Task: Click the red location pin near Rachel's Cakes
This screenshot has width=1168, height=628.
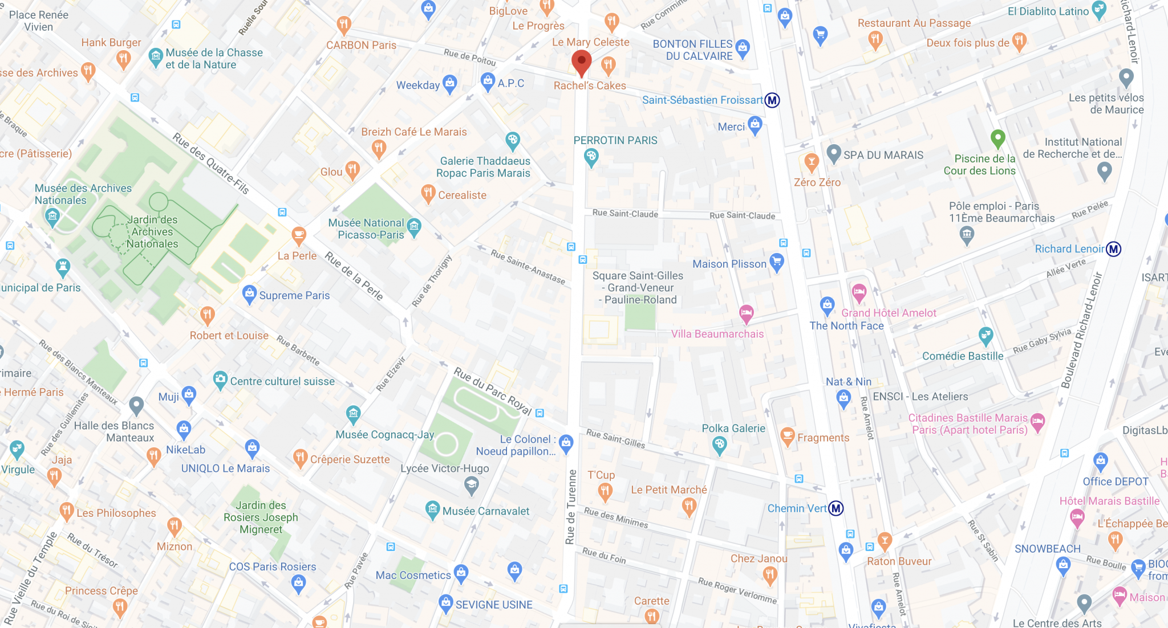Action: (581, 62)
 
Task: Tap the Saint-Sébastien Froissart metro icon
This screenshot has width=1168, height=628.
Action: (772, 100)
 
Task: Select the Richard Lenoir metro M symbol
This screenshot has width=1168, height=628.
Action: (1113, 249)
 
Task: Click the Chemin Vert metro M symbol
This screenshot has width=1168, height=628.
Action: (836, 508)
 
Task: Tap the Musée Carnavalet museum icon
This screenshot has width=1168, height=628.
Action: (432, 510)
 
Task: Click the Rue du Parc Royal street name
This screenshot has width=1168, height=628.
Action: (492, 391)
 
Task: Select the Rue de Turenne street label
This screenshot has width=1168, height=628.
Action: (571, 507)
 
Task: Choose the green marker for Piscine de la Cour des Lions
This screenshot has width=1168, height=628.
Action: (997, 138)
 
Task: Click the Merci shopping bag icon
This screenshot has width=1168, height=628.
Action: (755, 125)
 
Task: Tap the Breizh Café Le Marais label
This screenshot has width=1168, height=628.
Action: (413, 132)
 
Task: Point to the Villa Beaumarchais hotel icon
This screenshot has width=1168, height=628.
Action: (746, 313)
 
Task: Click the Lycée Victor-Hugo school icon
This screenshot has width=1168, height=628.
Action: (471, 486)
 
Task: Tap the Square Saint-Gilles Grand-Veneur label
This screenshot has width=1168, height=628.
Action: (638, 287)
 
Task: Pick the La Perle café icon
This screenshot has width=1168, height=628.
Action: (298, 234)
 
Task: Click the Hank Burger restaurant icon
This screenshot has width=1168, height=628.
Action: (123, 58)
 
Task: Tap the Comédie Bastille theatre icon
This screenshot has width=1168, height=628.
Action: (985, 336)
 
